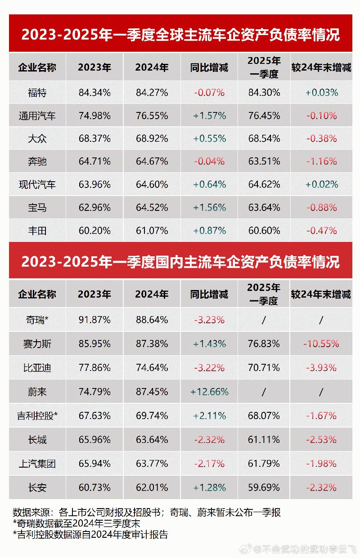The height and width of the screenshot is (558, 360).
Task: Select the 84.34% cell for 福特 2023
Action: coord(94,93)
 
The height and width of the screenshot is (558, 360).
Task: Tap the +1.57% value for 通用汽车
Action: coord(209,116)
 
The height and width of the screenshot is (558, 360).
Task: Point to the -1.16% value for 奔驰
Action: coord(321,161)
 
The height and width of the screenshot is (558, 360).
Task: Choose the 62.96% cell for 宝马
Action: coord(94,208)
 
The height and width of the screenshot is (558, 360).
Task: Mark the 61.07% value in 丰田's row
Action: coord(152,231)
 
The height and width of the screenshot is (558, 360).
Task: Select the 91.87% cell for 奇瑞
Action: coord(94,320)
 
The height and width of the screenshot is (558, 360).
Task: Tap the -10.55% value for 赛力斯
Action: coord(321,344)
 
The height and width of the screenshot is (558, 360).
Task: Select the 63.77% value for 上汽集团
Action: coord(152,464)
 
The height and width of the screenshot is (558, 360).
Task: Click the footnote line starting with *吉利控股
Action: coord(90,535)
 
